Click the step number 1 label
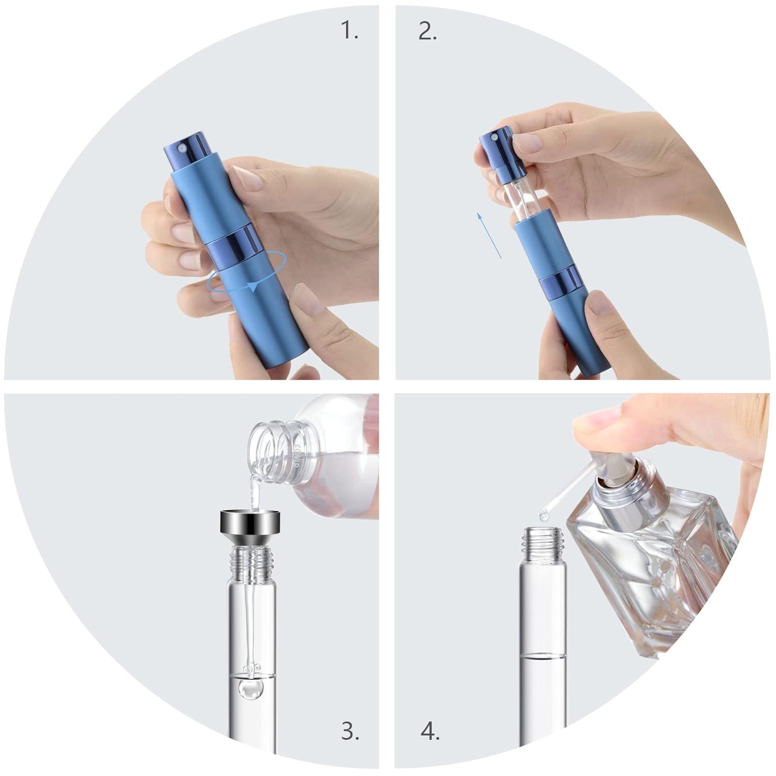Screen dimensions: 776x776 coord(349,32)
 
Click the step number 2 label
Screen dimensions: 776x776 coord(427,32)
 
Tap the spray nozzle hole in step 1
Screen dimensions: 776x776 coord(181,148)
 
